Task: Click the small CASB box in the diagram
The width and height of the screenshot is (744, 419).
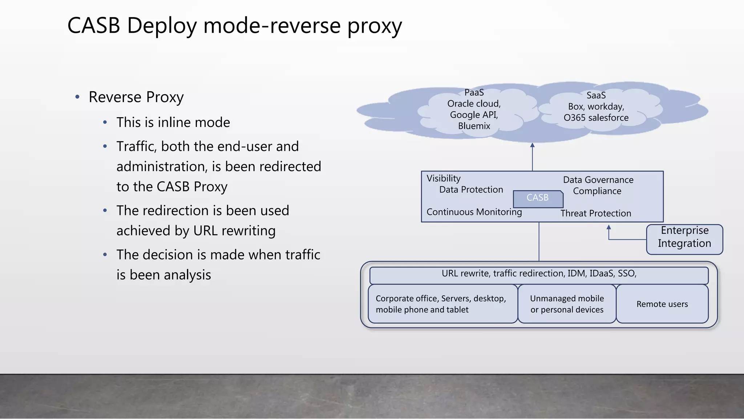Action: [x=538, y=198]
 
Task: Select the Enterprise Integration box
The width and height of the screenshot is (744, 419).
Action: [x=684, y=239]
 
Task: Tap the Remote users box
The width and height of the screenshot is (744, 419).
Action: [x=662, y=304]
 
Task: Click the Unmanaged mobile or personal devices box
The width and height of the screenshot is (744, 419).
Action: [x=567, y=304]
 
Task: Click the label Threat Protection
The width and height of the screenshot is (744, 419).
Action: [x=595, y=214]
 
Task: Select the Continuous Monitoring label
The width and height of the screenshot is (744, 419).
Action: [x=474, y=212]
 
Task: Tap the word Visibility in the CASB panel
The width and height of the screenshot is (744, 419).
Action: [x=443, y=179]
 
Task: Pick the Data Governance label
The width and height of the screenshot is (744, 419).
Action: [x=598, y=180]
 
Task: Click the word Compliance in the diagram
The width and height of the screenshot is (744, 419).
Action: [x=597, y=191]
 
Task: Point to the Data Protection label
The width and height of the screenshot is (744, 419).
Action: [x=471, y=190]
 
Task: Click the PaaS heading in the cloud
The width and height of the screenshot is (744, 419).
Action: [x=474, y=93]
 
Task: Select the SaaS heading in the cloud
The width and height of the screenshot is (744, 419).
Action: [x=596, y=96]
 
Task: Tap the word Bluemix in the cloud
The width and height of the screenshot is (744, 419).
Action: [x=474, y=126]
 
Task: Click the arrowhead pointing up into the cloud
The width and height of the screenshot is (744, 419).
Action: [x=532, y=145]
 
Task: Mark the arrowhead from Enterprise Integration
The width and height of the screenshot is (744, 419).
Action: [x=609, y=227]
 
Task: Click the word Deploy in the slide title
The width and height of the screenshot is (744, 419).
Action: [x=162, y=26]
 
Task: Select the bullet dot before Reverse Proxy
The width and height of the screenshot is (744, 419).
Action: [x=77, y=97]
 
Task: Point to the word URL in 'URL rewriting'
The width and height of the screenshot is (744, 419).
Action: [x=206, y=231]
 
